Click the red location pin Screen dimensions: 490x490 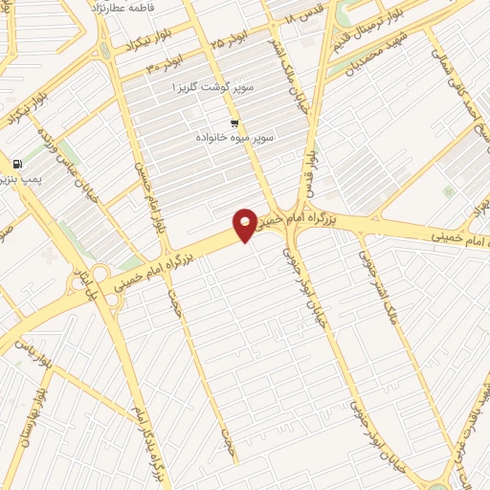(x=246, y=224)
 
